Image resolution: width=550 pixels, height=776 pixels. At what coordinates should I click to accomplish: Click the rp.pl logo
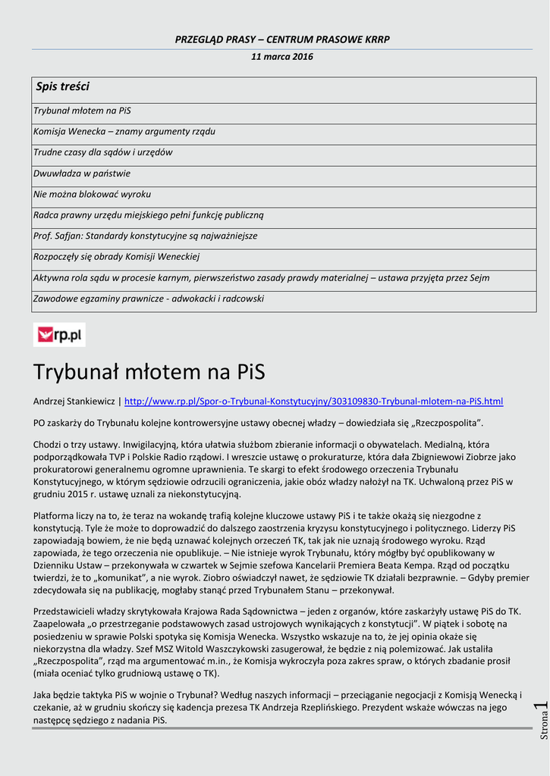(59, 334)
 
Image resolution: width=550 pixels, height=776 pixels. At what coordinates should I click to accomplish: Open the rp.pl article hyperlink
(313, 401)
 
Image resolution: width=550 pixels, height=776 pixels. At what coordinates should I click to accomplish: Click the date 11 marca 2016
(281, 57)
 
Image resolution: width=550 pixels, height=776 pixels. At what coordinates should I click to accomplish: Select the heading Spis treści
(63, 87)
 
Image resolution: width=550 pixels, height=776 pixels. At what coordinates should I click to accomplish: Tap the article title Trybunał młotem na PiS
(149, 372)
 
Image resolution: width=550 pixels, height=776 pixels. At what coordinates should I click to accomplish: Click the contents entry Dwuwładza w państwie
(82, 173)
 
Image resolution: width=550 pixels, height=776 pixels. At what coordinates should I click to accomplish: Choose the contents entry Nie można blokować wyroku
(92, 194)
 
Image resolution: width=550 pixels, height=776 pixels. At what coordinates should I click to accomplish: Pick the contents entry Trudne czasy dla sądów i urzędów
(103, 152)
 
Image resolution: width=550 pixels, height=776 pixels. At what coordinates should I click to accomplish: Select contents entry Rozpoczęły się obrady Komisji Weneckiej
(116, 257)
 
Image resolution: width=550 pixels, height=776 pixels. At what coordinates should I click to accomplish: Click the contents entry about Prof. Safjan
(146, 236)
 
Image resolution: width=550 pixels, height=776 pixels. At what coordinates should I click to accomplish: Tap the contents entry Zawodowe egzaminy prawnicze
(149, 299)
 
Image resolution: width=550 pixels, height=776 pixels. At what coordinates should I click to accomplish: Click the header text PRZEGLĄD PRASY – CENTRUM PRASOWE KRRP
(282, 39)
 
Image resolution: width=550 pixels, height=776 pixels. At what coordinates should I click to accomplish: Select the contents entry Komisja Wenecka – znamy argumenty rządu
(124, 131)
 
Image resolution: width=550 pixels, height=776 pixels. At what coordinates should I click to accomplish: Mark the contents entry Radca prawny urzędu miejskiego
(149, 215)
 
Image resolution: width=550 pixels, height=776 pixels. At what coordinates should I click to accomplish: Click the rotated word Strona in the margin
(543, 728)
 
